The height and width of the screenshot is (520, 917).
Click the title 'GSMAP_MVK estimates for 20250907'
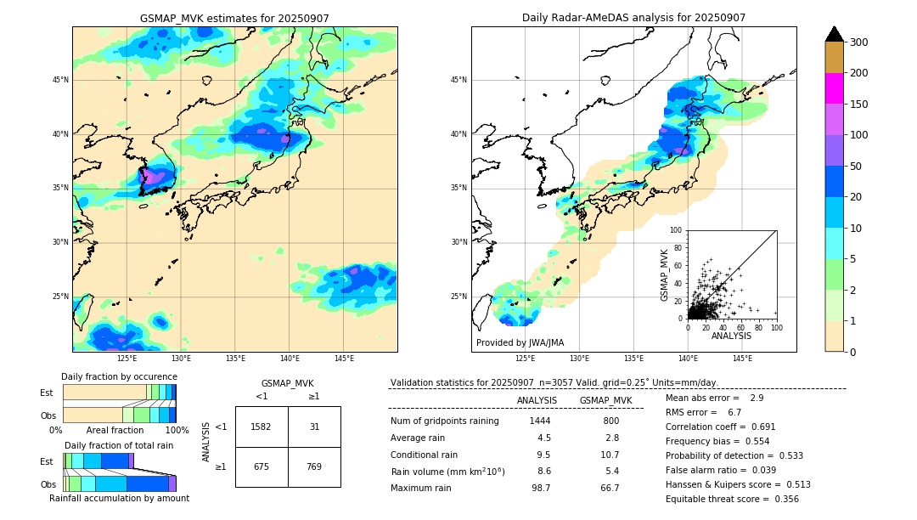click(x=234, y=18)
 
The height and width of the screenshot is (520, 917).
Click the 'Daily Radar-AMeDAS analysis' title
click(x=633, y=18)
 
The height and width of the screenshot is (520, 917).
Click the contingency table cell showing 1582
click(x=262, y=427)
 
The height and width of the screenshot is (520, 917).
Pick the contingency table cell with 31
click(x=314, y=427)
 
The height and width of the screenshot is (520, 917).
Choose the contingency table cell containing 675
click(x=262, y=466)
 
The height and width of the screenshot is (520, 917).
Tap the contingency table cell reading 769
click(x=314, y=466)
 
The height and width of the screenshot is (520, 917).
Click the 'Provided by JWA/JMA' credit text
click(x=520, y=343)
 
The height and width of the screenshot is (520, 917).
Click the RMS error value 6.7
click(x=734, y=412)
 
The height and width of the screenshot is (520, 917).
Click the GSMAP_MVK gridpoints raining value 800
click(x=610, y=421)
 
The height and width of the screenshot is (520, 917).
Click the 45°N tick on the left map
click(x=60, y=80)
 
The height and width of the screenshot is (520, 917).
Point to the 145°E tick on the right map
click(x=742, y=359)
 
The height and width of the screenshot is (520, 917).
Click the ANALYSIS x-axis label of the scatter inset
click(x=731, y=336)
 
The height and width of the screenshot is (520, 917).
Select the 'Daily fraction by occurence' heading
click(x=119, y=376)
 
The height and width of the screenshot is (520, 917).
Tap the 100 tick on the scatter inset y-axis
click(x=677, y=230)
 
